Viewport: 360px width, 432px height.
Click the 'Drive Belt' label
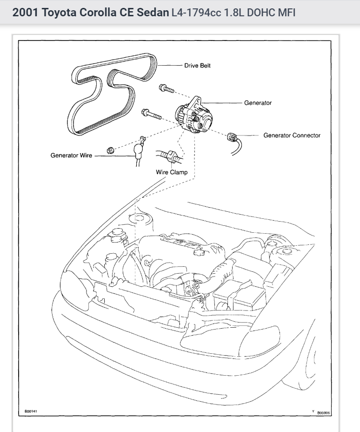(197, 66)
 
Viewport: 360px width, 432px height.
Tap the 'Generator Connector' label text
(292, 135)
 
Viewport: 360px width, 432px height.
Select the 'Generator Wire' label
(71, 155)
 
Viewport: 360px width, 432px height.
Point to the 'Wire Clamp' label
(172, 172)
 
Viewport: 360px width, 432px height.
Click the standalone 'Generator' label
(258, 103)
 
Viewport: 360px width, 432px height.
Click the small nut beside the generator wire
(110, 150)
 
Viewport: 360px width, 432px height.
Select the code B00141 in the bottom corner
(31, 412)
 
